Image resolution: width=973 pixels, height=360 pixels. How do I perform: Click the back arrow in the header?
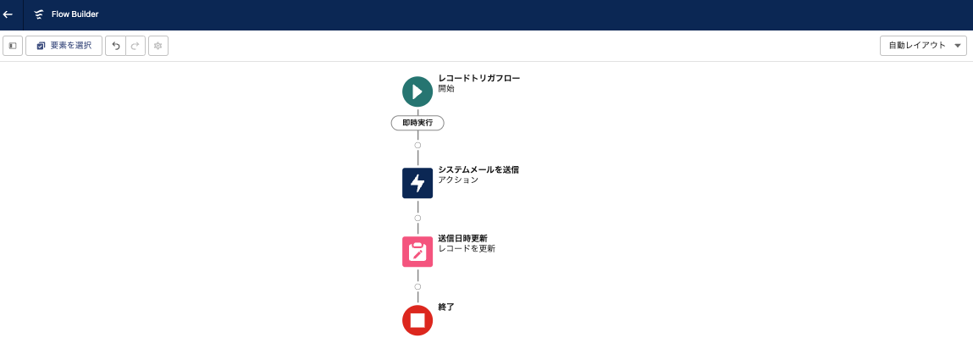[8, 14]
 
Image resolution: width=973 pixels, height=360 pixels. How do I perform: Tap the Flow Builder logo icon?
[39, 14]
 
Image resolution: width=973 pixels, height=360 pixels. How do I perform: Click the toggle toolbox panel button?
[13, 46]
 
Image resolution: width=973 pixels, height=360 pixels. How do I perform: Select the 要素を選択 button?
[64, 46]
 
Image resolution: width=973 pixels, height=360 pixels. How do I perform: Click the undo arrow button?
[116, 46]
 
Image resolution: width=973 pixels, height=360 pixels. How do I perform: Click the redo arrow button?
[135, 46]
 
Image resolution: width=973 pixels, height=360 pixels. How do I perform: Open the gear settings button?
[158, 46]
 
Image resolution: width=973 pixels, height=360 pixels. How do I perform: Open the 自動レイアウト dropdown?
[923, 46]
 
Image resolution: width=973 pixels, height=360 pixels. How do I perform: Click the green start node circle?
[417, 91]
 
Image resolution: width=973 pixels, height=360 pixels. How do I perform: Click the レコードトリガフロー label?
[478, 78]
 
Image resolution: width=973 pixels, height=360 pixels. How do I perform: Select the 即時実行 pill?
[417, 123]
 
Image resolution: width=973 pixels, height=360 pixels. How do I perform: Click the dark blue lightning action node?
[417, 183]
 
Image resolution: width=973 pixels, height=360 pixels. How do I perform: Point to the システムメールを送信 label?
[478, 169]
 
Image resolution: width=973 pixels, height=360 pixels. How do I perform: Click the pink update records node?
[417, 252]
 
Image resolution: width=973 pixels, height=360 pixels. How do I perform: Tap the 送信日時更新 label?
[462, 238]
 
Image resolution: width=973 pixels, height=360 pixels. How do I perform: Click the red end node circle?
[417, 320]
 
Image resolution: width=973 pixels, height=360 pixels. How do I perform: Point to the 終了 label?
[446, 307]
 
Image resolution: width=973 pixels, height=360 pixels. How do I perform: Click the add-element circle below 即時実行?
[417, 146]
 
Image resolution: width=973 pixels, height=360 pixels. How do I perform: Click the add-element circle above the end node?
[417, 286]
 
